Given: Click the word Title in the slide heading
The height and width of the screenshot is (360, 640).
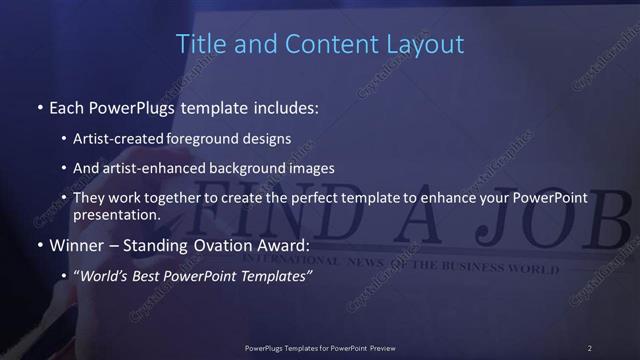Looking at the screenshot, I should (198, 44).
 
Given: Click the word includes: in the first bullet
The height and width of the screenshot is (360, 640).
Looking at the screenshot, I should (286, 106).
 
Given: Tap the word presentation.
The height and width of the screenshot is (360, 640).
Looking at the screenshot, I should (116, 214).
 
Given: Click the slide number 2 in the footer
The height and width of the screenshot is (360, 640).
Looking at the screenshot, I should (590, 348).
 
